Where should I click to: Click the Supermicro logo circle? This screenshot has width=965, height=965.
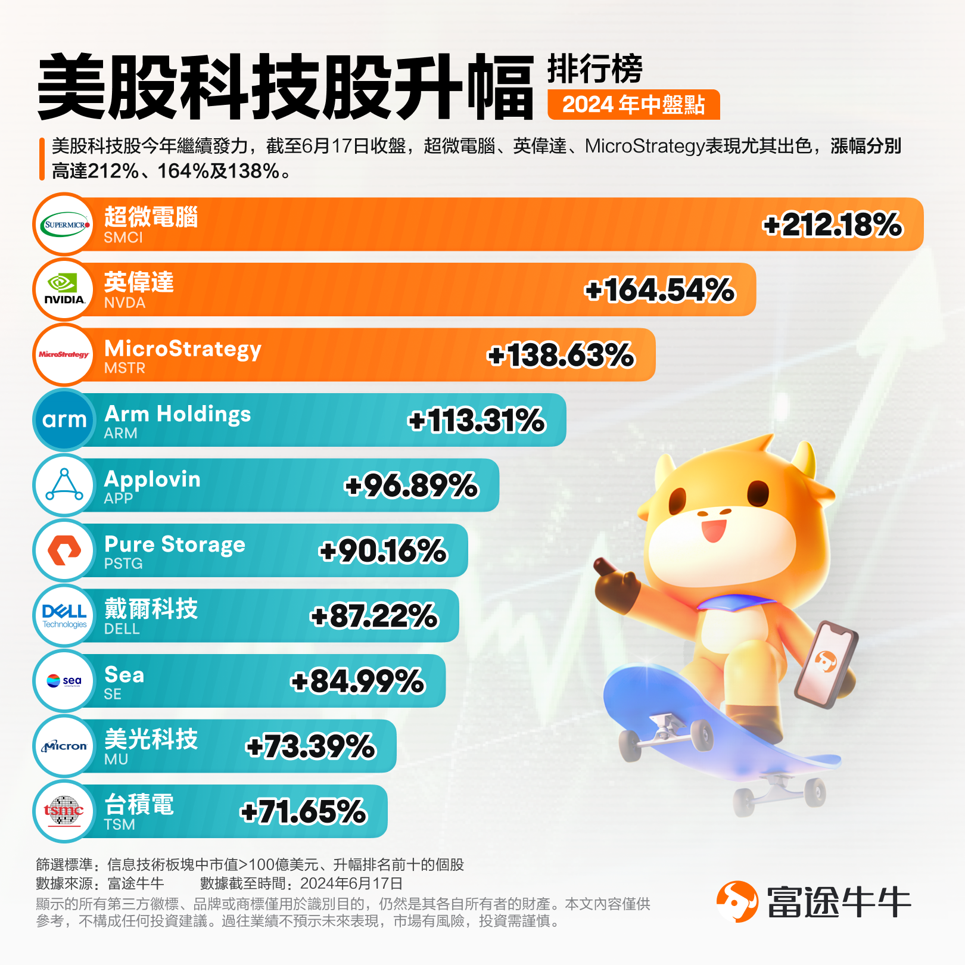(64, 225)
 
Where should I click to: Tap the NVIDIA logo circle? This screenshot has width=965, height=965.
(64, 290)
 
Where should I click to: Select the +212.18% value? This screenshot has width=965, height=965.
(832, 225)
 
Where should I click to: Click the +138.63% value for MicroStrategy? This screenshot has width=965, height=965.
(561, 356)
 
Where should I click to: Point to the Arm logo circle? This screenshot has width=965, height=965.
(64, 420)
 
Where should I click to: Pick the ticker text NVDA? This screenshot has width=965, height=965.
(124, 303)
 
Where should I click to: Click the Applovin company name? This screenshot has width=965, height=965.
(152, 479)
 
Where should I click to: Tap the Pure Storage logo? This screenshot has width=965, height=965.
(64, 550)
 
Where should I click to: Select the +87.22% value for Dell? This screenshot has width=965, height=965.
(374, 616)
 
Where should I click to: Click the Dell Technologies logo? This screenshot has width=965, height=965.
(64, 616)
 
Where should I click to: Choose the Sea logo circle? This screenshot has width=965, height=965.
(64, 681)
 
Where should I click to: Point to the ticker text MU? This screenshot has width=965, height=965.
(116, 759)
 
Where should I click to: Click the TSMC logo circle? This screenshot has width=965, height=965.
(64, 811)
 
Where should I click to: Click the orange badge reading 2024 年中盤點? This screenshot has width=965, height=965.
(633, 105)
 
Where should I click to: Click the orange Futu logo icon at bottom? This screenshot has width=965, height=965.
(737, 902)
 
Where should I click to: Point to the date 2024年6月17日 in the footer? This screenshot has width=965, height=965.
(351, 883)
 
